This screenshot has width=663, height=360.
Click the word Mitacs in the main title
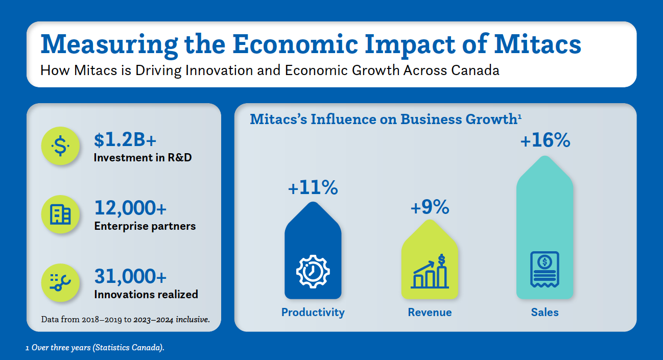pos(538,44)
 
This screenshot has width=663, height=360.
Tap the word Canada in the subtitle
pos(475,70)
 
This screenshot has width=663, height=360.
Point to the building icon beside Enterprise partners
pos(60,214)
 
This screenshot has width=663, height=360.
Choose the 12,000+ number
pos(130,208)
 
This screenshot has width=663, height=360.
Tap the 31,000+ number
pos(130,276)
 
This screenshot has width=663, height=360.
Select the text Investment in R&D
pos(143,158)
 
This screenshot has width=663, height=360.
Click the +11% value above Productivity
pos(313,188)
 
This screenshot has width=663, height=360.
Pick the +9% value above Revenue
pos(430,207)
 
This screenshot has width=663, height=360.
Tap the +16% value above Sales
pos(544,140)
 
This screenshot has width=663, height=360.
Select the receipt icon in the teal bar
pos(544,269)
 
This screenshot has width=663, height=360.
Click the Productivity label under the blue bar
pos(313,312)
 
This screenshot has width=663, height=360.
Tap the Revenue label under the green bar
pos(430,312)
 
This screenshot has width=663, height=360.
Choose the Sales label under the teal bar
pos(544,312)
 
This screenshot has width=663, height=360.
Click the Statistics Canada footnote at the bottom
pos(95,348)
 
